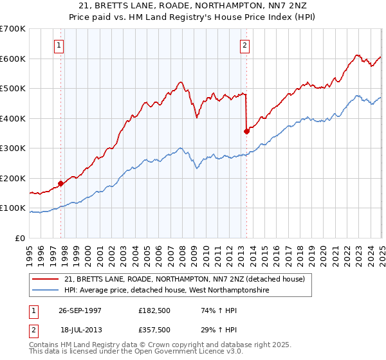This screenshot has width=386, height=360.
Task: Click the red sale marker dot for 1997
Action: (61, 183)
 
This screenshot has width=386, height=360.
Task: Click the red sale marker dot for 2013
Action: (246, 131)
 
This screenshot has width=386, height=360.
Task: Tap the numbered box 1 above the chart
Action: (59, 45)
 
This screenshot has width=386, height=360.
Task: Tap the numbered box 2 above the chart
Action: (245, 45)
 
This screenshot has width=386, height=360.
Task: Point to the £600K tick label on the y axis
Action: (13, 59)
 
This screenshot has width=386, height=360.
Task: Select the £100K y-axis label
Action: (13, 208)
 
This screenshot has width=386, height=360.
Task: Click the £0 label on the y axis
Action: (21, 239)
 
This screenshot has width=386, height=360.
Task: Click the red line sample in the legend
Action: (45, 279)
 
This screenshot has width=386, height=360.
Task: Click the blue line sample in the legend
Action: (45, 291)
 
